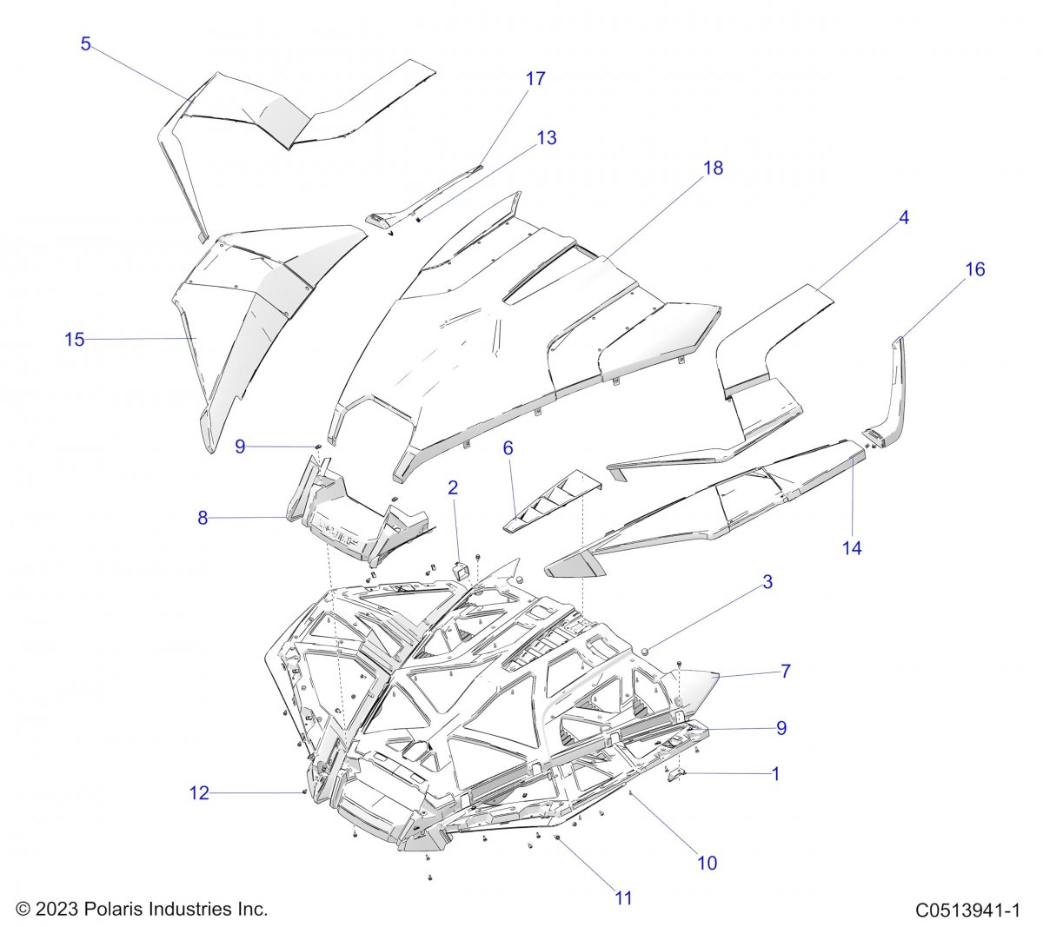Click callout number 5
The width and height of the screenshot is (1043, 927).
click(x=85, y=43)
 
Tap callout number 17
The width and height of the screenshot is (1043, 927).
click(x=535, y=79)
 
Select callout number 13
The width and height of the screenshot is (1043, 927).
click(x=546, y=138)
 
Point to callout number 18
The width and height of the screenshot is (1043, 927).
click(x=713, y=168)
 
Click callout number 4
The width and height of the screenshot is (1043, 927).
click(x=903, y=218)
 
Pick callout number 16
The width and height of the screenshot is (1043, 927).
click(x=974, y=269)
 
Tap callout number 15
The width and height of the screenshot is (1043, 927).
click(x=74, y=340)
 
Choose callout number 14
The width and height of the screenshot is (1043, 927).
click(x=852, y=548)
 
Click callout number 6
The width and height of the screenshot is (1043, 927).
click(x=508, y=448)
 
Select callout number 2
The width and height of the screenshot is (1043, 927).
click(x=453, y=488)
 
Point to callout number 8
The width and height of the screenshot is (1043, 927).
click(x=203, y=518)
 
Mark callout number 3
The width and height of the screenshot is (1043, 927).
click(x=767, y=582)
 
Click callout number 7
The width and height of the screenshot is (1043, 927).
click(x=786, y=672)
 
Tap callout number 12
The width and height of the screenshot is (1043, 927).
click(x=199, y=793)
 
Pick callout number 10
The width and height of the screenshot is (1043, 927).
click(x=707, y=864)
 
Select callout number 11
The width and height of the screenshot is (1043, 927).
click(x=623, y=898)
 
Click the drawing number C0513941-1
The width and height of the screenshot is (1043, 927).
click(x=967, y=910)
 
